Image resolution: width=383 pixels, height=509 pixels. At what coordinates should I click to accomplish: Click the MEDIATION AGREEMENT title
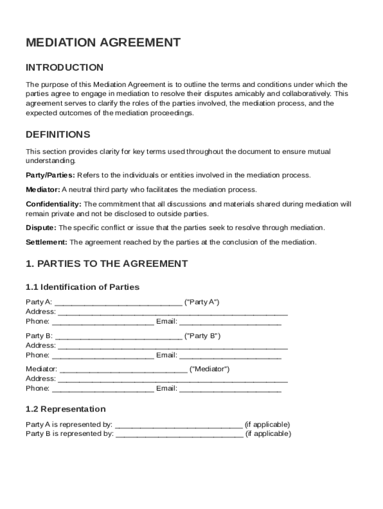coord(103,43)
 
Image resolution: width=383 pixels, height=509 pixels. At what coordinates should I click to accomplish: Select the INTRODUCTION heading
coord(65,68)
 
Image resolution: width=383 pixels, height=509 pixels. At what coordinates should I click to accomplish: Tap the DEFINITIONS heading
coord(58,135)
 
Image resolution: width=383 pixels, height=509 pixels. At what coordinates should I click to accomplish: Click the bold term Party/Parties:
coord(50,175)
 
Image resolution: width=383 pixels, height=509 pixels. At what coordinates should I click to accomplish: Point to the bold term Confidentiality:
coord(54,204)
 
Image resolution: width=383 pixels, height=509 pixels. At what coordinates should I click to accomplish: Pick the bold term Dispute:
coord(41,228)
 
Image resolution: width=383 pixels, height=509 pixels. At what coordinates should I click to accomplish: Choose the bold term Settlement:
coord(47,242)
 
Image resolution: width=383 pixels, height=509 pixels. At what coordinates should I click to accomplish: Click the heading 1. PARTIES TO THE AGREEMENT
coord(107,264)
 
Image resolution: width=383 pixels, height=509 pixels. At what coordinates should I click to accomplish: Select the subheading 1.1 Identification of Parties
coord(83,287)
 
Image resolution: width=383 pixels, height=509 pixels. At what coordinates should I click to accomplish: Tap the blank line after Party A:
coord(118,303)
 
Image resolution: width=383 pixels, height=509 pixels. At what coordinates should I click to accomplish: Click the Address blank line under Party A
coord(173,312)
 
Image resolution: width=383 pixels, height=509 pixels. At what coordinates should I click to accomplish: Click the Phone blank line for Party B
coord(103,355)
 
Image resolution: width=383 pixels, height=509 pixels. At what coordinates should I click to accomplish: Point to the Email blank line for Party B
coord(230,355)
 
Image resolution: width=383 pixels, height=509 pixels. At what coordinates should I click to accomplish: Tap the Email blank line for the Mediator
coord(230,389)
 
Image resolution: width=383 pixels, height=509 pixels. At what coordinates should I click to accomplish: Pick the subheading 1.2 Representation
coord(66,409)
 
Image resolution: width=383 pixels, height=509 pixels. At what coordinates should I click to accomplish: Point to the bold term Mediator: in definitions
coord(43,189)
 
